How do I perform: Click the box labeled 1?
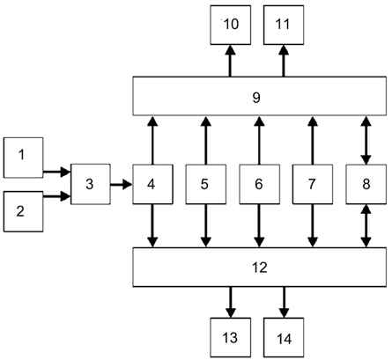24,158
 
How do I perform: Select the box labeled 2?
24,211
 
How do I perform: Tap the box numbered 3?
91,184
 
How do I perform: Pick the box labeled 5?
206,184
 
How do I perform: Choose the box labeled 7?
313,184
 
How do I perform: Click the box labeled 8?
366,184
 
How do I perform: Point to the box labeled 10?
231,25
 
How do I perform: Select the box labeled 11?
284,25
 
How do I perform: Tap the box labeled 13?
231,338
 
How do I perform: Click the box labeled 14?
284,338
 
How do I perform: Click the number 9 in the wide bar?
256,97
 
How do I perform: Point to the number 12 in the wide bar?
260,268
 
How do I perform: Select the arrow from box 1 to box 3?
57,172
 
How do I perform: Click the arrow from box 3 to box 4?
122,184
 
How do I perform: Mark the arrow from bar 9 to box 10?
231,61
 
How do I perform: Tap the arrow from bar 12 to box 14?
284,302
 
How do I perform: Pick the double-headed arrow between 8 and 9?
366,140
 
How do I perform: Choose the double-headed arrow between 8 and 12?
366,226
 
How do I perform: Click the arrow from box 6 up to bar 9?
259,140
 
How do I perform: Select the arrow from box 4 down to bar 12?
152,226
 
